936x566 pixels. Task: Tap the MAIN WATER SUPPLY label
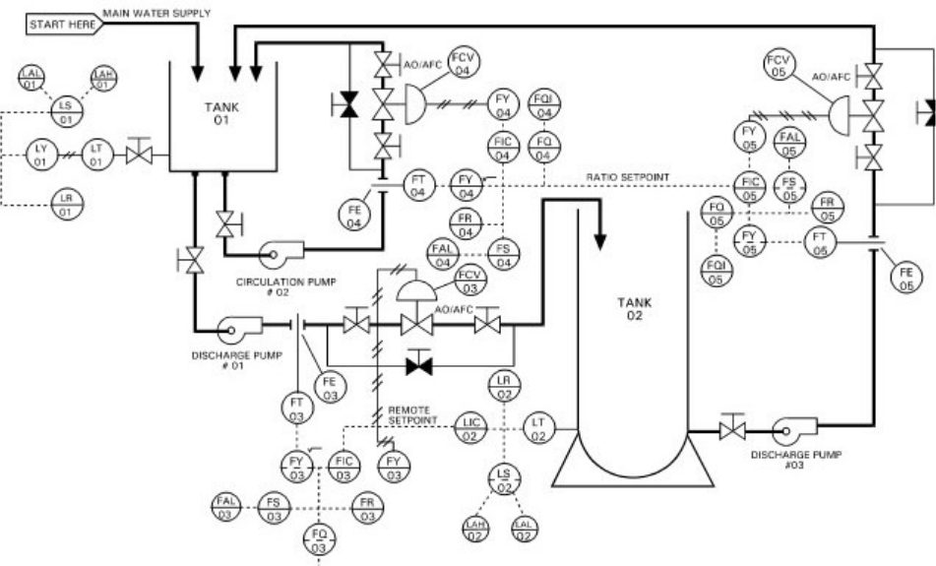tap(156, 13)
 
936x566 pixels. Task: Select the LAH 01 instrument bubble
tap(103, 79)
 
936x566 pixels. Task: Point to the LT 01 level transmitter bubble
tap(96, 155)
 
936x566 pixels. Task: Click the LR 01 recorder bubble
tap(67, 204)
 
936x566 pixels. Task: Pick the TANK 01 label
tap(221, 113)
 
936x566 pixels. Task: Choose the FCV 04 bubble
tap(464, 63)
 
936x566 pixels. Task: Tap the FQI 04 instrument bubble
tap(543, 104)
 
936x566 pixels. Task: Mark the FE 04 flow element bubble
tap(354, 217)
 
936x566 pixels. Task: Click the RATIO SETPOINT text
tap(627, 177)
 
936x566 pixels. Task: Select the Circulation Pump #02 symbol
tap(281, 253)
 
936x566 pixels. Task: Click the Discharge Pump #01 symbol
tap(239, 328)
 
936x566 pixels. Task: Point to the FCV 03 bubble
tap(470, 282)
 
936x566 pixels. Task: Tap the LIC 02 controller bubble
tap(470, 428)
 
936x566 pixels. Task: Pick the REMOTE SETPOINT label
tap(411, 415)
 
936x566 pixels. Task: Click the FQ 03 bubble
tap(319, 539)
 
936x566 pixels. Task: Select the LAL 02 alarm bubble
tap(524, 529)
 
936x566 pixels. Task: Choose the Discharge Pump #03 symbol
tap(795, 428)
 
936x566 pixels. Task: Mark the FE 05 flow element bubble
tap(905, 279)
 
